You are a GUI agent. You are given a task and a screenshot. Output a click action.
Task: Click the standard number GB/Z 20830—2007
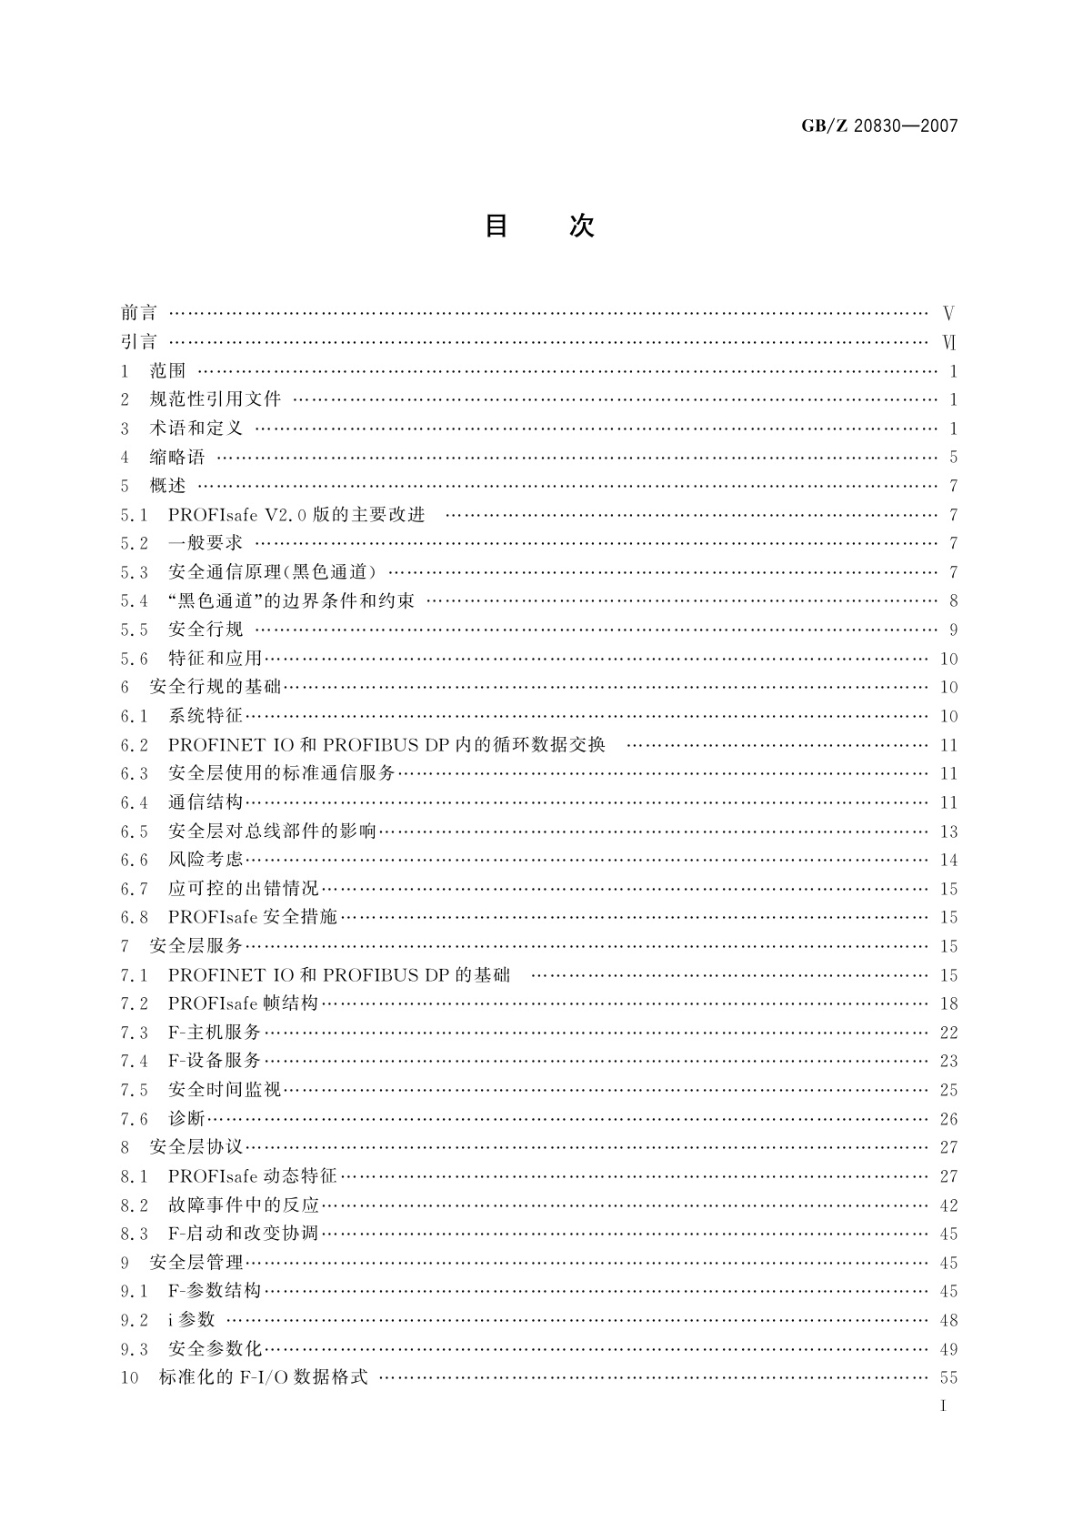(x=879, y=126)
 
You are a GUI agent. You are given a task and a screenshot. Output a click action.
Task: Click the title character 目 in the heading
(x=496, y=226)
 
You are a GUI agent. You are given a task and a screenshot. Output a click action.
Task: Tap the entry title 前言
(x=138, y=313)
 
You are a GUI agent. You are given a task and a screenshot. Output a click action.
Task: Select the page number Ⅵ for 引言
(x=949, y=343)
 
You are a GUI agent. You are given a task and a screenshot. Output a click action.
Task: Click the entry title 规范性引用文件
(x=215, y=399)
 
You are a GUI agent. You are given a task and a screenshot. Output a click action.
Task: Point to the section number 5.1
(x=133, y=515)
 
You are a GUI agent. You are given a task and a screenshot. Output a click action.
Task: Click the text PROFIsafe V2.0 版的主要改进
(x=296, y=515)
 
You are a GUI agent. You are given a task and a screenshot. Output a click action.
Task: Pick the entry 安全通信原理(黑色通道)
(x=273, y=572)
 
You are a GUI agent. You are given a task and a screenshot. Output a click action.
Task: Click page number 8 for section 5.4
(x=953, y=601)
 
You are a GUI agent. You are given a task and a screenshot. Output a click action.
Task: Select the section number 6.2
(x=133, y=745)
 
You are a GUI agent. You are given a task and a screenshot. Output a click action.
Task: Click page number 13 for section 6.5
(x=948, y=832)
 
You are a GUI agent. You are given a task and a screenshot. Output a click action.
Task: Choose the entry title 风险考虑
(x=206, y=860)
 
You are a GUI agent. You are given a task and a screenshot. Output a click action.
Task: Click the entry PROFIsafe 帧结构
(x=243, y=1003)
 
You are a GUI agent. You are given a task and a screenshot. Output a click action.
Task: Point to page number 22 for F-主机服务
(x=948, y=1033)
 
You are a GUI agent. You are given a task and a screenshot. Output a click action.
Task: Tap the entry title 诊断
(x=186, y=1119)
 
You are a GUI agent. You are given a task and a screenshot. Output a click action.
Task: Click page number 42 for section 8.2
(x=948, y=1205)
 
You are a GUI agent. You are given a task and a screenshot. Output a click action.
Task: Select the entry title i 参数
(x=191, y=1320)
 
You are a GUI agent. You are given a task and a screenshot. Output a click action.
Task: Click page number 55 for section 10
(x=948, y=1378)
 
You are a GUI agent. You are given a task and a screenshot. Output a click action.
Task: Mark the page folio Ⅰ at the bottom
(x=944, y=1406)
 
